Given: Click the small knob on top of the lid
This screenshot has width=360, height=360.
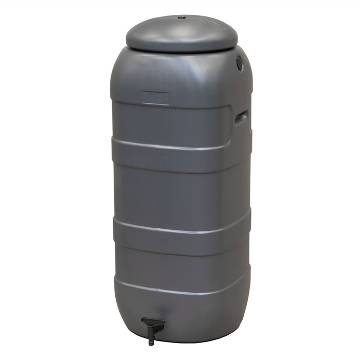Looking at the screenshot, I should (x=181, y=17).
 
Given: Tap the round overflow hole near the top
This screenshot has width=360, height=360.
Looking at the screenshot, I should (x=240, y=63).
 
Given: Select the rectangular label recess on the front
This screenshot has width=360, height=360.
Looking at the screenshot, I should (x=155, y=98).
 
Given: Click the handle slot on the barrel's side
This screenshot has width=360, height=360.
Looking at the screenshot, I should (x=242, y=117).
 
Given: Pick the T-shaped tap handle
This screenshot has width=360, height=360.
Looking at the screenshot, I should (x=153, y=325).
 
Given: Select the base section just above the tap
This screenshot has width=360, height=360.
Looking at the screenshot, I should (x=180, y=309).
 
